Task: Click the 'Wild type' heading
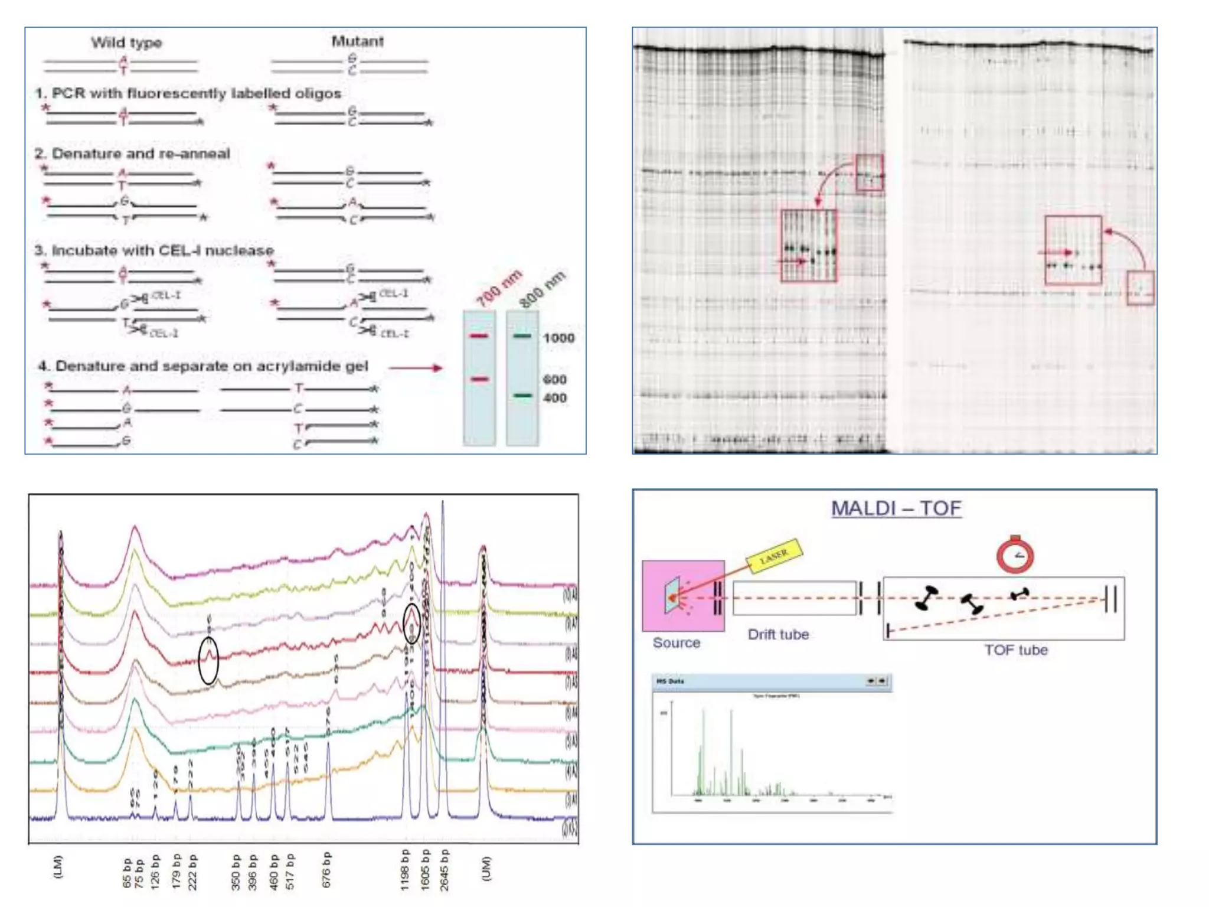pos(126,43)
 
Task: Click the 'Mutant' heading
pos(357,41)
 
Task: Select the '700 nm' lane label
pos(499,289)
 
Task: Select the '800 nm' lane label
pos(542,289)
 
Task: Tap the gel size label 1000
pos(558,338)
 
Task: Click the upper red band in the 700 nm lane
pos(479,336)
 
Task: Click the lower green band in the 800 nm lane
pos(522,395)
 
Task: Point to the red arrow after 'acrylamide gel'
pos(416,368)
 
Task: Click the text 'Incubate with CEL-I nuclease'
pos(162,250)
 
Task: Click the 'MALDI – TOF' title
pos(896,508)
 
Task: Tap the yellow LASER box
pos(774,556)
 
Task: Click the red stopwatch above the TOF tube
pos(1015,554)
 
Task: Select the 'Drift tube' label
pos(778,635)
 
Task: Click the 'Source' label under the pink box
pos(677,643)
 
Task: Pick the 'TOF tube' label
pos(1015,650)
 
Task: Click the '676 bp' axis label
pos(326,870)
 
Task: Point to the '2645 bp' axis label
pos(444,870)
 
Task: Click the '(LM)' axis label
pos(58,867)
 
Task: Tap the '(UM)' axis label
pos(486,869)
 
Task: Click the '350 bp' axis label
pos(236,872)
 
